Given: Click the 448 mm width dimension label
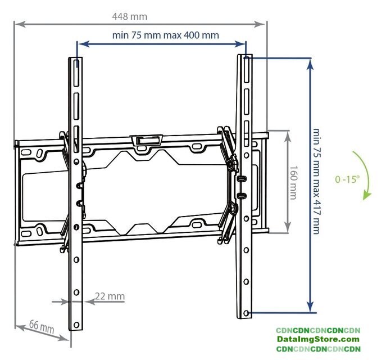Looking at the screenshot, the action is point(130,16).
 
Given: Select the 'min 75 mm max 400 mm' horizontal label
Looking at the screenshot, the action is point(165,35).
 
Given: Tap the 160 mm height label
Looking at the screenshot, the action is point(293,182).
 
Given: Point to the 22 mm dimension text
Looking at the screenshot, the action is point(110,296).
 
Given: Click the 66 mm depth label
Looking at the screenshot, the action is point(42,326).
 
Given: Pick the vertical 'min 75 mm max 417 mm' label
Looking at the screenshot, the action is point(316,181).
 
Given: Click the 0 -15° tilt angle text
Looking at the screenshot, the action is point(347,179).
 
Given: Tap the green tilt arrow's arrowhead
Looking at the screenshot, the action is point(367,195).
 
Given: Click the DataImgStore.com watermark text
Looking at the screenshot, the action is point(318,339).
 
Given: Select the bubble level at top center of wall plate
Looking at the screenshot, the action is point(147,141).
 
